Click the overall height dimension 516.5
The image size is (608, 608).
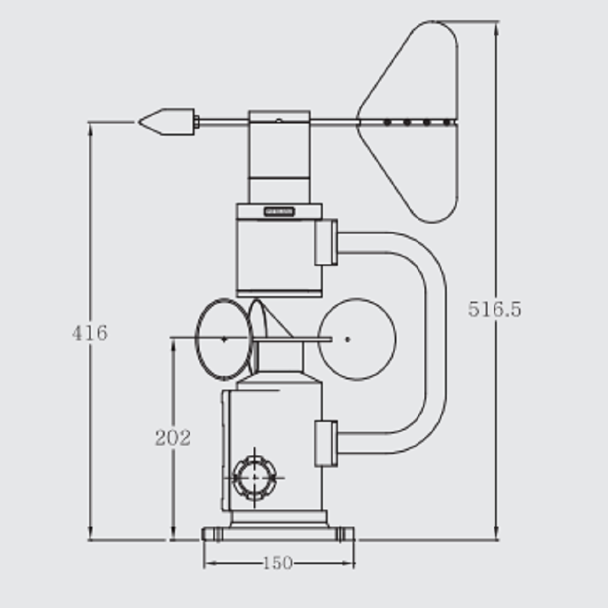point(494,309)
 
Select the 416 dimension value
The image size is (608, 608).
point(89,333)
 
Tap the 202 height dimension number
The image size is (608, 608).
point(173,438)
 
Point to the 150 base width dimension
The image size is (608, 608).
point(278,564)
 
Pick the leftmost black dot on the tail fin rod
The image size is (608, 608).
point(387,122)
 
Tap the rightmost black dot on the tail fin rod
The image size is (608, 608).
point(447,122)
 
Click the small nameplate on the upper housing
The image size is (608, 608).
point(279,212)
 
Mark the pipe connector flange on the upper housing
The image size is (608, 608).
point(326,243)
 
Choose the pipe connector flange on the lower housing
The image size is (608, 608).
point(326,443)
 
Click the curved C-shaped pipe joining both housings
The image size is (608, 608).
point(435,340)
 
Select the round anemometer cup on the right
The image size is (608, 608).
point(357,339)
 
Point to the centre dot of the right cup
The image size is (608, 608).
point(347,339)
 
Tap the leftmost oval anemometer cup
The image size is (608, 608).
point(223,339)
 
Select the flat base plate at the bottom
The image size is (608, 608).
point(278,534)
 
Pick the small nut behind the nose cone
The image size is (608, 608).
point(196,122)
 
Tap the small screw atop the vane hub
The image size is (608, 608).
point(278,120)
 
